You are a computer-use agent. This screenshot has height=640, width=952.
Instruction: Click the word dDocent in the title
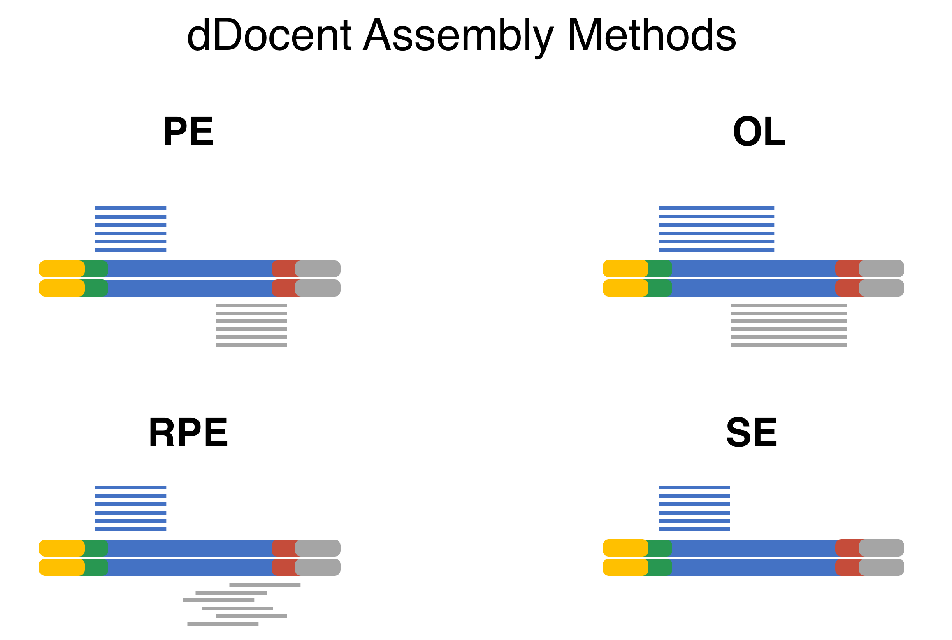tap(269, 35)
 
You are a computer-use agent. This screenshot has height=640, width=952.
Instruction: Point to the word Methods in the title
tap(652, 35)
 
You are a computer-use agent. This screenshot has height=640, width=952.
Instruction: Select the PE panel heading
tap(188, 132)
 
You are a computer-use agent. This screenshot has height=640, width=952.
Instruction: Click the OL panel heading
tap(759, 132)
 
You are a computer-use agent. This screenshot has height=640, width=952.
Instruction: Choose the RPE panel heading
tap(188, 433)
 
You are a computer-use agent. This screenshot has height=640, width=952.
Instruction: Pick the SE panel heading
tap(752, 433)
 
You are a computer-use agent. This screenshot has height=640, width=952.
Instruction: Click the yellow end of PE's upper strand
tap(61, 269)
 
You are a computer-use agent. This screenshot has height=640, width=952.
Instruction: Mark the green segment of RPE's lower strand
tap(95, 567)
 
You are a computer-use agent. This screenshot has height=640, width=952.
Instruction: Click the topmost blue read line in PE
tap(131, 209)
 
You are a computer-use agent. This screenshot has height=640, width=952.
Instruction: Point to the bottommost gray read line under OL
tap(789, 345)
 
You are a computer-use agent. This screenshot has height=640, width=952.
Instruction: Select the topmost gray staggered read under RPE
tap(265, 584)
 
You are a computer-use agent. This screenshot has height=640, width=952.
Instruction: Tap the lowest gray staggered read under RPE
tap(223, 624)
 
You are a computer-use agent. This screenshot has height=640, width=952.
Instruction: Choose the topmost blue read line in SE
tap(694, 488)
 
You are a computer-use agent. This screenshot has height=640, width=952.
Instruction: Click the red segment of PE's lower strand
tap(284, 288)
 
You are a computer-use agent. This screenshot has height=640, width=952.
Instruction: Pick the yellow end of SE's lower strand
tap(625, 567)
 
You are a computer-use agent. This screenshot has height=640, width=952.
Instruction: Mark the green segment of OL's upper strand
tap(659, 269)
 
